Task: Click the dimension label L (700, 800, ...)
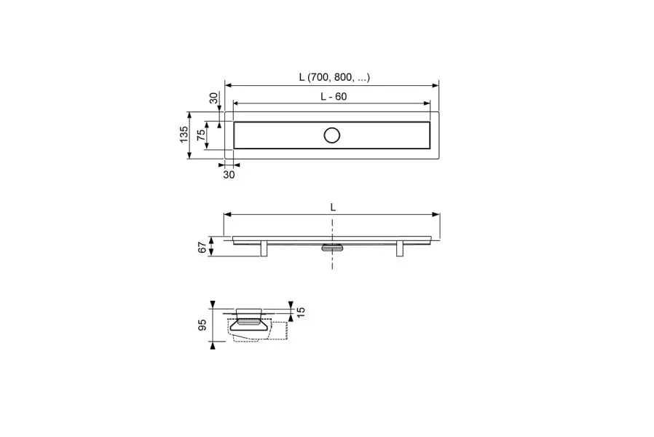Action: (x=334, y=77)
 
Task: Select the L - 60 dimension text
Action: (x=334, y=96)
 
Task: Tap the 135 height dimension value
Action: (x=184, y=135)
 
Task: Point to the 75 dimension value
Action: (x=201, y=135)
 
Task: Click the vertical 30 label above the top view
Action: (x=213, y=98)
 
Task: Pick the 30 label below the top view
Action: (x=229, y=175)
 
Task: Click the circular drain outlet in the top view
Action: (x=332, y=135)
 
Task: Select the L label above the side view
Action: (x=333, y=207)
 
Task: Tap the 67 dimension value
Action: (x=202, y=248)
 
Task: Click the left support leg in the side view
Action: (x=264, y=248)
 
